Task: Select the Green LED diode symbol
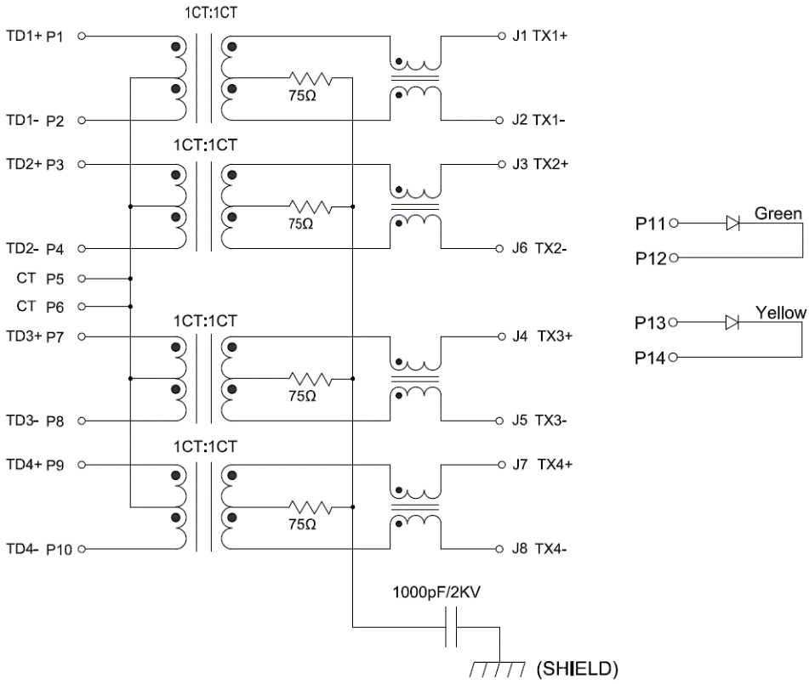click(732, 224)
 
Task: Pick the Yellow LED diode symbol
click(732, 323)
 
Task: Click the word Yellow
click(780, 313)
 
